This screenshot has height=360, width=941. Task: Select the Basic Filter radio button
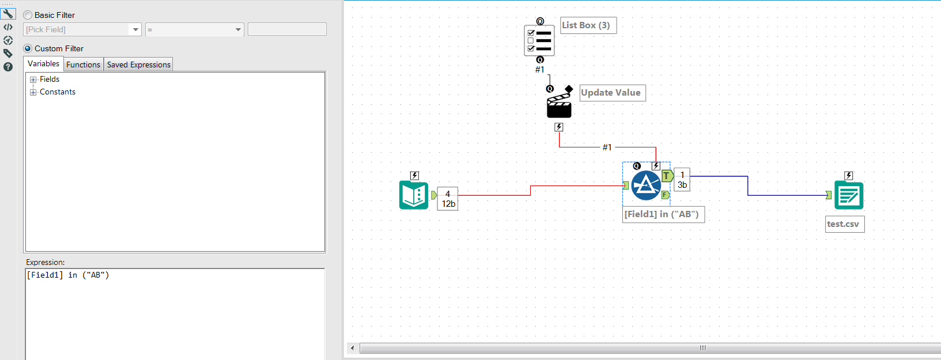tap(28, 15)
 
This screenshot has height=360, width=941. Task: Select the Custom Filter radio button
tap(28, 48)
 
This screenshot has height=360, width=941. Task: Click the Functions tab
tap(83, 65)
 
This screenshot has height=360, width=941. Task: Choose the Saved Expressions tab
tap(138, 65)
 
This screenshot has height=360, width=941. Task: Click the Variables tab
tap(43, 64)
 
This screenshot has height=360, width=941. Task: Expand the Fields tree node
tap(33, 79)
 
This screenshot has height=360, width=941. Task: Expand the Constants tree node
tap(33, 92)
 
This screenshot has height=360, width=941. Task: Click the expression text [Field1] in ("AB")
tap(68, 275)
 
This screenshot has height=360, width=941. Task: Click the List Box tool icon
tap(539, 40)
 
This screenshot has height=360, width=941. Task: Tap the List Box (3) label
tap(586, 25)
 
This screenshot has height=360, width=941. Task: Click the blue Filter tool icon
tap(646, 185)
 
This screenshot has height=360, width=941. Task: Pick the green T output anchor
tap(667, 176)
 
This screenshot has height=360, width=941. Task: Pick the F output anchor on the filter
tap(665, 195)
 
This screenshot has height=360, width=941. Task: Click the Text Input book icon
tap(414, 195)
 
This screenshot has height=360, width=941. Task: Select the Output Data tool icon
tap(848, 195)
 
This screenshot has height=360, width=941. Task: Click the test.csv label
tap(843, 224)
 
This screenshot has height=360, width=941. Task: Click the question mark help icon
tap(8, 67)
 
